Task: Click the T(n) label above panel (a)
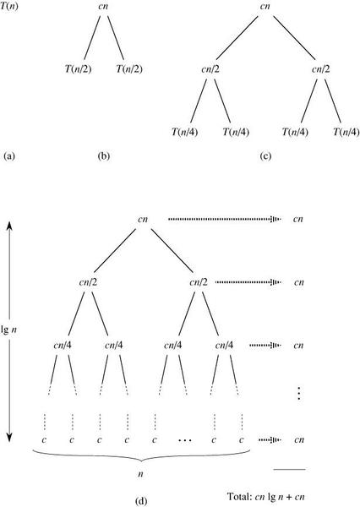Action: click(x=9, y=6)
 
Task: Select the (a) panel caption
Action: click(x=9, y=156)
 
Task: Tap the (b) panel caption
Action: click(x=103, y=156)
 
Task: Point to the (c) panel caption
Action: click(x=265, y=156)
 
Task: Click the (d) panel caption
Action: click(x=140, y=501)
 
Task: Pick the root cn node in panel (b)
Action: click(x=103, y=6)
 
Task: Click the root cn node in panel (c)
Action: click(x=265, y=6)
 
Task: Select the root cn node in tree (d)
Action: click(x=143, y=219)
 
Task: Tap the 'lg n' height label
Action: click(x=9, y=330)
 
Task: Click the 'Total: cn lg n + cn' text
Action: click(x=266, y=497)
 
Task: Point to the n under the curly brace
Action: click(x=140, y=474)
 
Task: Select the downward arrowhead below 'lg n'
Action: click(x=9, y=437)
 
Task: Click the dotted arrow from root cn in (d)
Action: click(x=225, y=219)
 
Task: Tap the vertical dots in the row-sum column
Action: click(x=299, y=393)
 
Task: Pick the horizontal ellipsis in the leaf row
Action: click(x=185, y=440)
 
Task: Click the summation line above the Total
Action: click(x=289, y=469)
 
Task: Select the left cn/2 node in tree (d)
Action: click(x=88, y=282)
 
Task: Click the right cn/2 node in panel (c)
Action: click(x=320, y=69)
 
